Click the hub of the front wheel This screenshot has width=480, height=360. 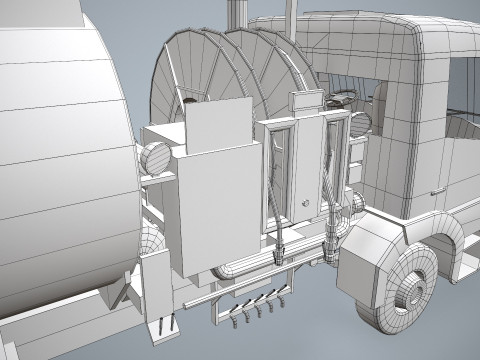410,296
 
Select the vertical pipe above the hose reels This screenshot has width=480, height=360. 237,15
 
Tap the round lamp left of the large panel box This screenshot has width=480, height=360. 155,158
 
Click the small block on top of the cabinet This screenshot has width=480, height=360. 301,103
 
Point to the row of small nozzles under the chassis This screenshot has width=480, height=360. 256,305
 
